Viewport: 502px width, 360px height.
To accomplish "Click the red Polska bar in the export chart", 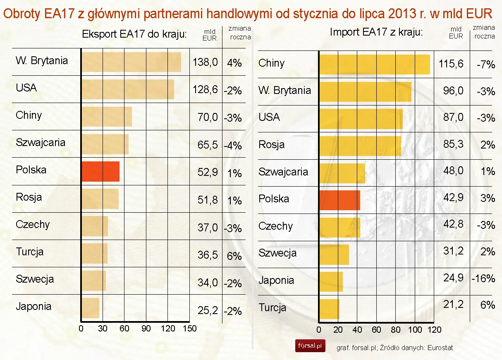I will [x=100, y=172].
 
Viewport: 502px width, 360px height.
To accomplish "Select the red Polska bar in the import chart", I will [x=339, y=200].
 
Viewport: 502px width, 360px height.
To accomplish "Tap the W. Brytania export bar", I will [x=131, y=62].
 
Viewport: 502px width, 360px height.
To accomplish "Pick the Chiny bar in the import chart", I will [x=374, y=65].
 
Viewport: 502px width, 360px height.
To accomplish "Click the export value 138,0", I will [x=205, y=63].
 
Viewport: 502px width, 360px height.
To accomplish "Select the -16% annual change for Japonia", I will [x=483, y=278].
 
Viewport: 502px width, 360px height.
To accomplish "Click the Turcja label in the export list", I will [x=29, y=252].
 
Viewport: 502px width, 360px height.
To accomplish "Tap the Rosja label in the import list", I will [x=271, y=145].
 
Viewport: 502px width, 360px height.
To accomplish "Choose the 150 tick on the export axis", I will [x=190, y=329].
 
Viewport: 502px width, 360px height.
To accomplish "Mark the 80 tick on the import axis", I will [x=396, y=330].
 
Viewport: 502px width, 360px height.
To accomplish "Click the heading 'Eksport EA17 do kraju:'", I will [x=135, y=34].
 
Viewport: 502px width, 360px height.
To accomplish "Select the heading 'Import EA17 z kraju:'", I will [x=376, y=32].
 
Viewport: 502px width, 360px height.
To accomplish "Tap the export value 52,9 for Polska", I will [x=208, y=173].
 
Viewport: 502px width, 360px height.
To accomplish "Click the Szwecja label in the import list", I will [x=277, y=253].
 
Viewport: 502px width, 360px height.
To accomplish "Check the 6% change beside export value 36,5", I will [x=234, y=256].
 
